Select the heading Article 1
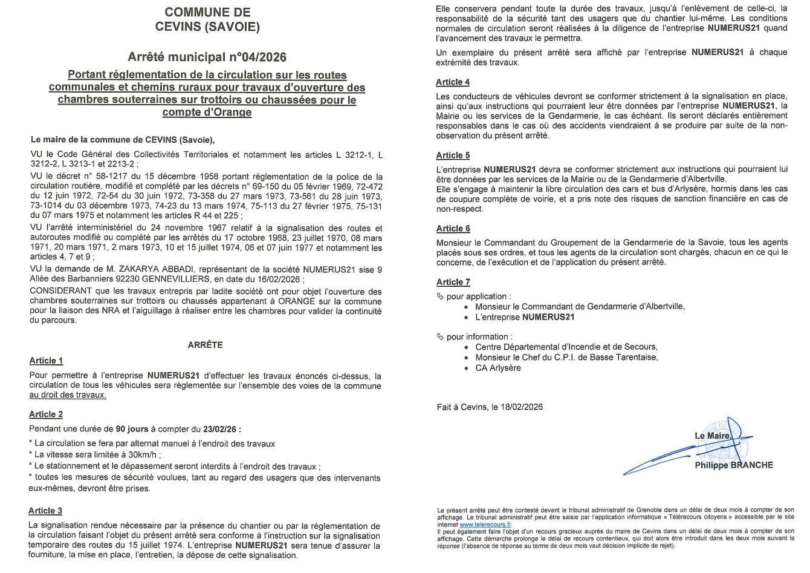click(x=46, y=361)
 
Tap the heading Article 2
click(x=46, y=414)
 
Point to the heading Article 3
click(x=46, y=511)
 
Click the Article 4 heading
click(x=453, y=82)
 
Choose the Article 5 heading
click(x=453, y=156)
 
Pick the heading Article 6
click(x=453, y=229)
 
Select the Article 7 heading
click(x=453, y=282)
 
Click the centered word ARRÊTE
click(x=206, y=345)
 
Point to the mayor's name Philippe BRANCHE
click(x=733, y=465)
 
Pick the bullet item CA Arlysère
click(x=498, y=368)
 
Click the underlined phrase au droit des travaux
click(x=68, y=395)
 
